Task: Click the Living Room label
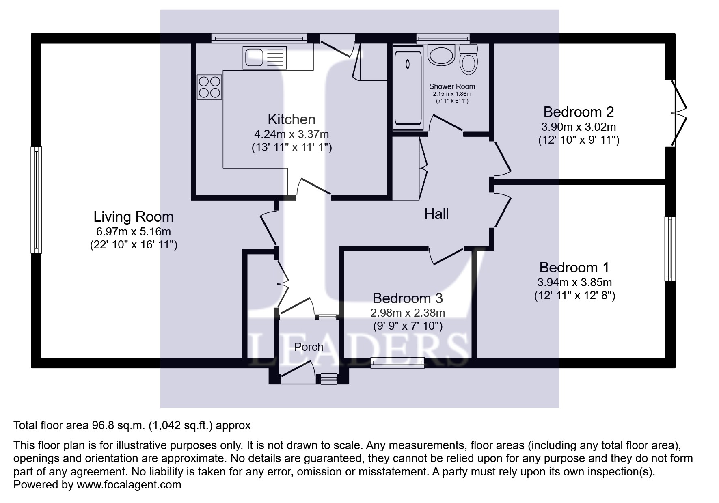[x=133, y=217]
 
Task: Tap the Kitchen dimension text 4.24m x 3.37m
[x=291, y=134]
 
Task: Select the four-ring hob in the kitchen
[x=209, y=87]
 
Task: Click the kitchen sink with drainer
[x=264, y=58]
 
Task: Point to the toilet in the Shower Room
[x=469, y=60]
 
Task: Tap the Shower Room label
[x=452, y=86]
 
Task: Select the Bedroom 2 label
[x=578, y=112]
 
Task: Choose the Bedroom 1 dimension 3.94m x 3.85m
[x=574, y=282]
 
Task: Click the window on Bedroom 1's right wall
[x=670, y=248]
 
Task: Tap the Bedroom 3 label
[x=408, y=298]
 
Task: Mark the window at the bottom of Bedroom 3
[x=397, y=362]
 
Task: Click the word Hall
[x=436, y=214]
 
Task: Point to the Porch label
[x=309, y=347]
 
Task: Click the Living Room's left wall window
[x=37, y=199]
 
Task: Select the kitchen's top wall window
[x=259, y=38]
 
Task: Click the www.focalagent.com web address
[x=129, y=485]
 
